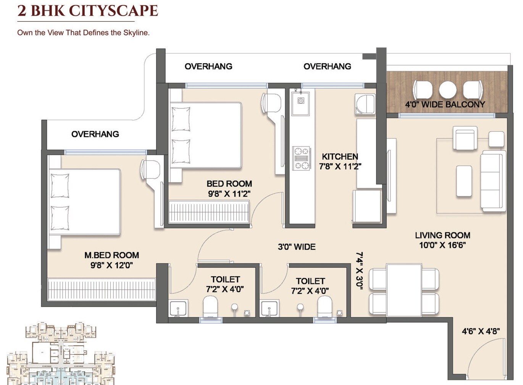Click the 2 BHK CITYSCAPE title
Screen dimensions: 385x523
tap(88, 11)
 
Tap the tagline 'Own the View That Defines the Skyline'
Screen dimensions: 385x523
tap(83, 33)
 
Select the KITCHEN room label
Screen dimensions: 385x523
tap(340, 156)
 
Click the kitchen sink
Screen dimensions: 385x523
tap(301, 101)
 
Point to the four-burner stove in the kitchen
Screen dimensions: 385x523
tap(301, 158)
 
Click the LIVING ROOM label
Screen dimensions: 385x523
tap(442, 235)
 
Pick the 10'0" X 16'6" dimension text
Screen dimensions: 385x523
tap(442, 245)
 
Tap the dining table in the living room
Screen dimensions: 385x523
tap(404, 290)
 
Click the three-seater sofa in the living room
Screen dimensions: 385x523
tap(493, 180)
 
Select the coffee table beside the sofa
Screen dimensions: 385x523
tap(464, 181)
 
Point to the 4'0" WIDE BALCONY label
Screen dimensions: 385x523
tap(445, 105)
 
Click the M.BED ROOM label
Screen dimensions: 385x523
tap(111, 255)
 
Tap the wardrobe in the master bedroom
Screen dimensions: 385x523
tap(102, 289)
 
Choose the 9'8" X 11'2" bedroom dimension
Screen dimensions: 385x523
tap(229, 194)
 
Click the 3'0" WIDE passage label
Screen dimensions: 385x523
tap(297, 247)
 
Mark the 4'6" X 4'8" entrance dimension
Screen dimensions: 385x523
tap(481, 331)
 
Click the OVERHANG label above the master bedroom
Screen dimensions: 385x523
tap(95, 134)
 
